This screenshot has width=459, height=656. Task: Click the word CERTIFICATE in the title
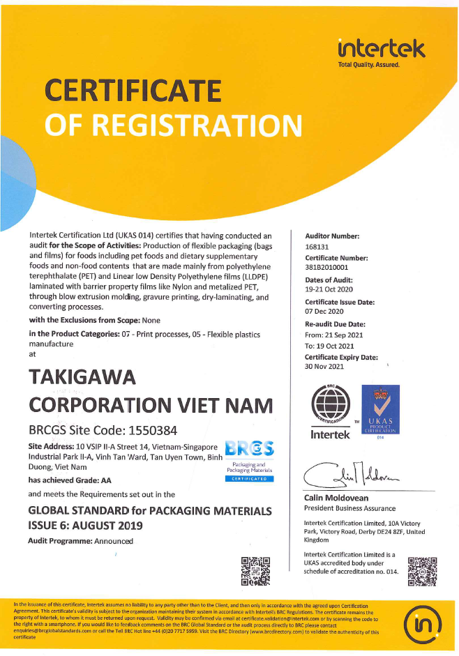[133, 90]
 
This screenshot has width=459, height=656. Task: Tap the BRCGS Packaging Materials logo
[250, 459]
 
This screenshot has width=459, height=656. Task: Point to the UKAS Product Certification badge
[380, 412]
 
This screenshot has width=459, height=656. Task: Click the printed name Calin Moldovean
[336, 498]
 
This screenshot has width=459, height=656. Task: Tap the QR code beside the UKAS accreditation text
[423, 569]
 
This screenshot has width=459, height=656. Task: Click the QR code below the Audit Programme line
[255, 572]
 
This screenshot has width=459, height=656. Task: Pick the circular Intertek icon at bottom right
[427, 623]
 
